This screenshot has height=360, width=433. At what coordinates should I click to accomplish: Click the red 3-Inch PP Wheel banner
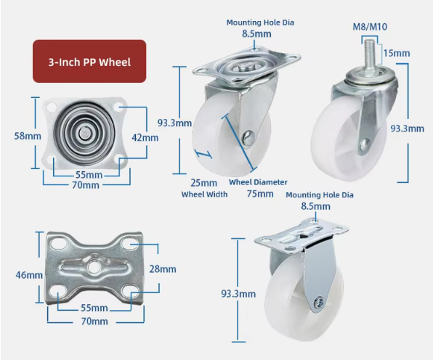[x=89, y=61]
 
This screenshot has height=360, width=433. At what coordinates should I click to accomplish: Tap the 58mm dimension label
[x=28, y=136]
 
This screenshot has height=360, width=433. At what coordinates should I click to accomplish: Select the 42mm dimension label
[x=145, y=137]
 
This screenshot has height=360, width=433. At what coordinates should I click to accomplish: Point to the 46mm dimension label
[x=29, y=275]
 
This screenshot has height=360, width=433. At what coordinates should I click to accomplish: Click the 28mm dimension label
[x=163, y=269]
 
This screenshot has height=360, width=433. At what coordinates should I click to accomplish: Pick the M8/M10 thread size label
[x=370, y=27]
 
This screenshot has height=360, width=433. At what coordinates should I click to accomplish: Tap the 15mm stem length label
[x=397, y=53]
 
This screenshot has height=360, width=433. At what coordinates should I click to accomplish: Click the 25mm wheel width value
[x=204, y=183]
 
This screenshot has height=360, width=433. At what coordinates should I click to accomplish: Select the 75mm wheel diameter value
[x=260, y=194]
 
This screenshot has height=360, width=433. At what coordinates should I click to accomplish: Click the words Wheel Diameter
[x=258, y=182]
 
